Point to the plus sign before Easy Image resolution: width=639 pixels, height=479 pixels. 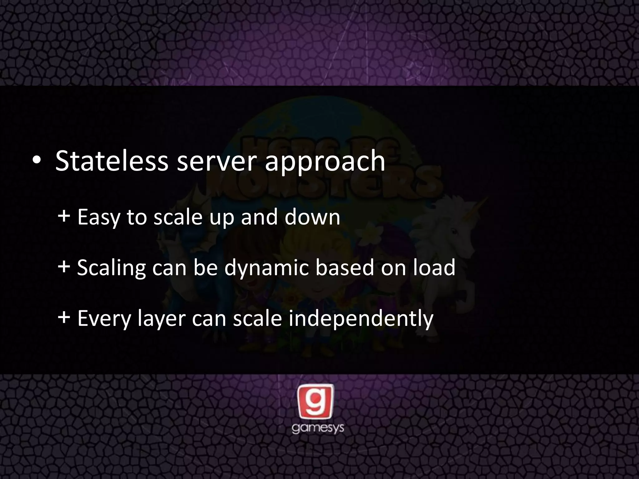coord(64,216)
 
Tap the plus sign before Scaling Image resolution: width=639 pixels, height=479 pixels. coord(64,267)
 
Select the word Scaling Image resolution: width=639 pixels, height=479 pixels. coord(111,268)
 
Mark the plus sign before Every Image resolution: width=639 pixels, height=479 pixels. coord(64,318)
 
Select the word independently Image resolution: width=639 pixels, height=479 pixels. coord(361,319)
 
